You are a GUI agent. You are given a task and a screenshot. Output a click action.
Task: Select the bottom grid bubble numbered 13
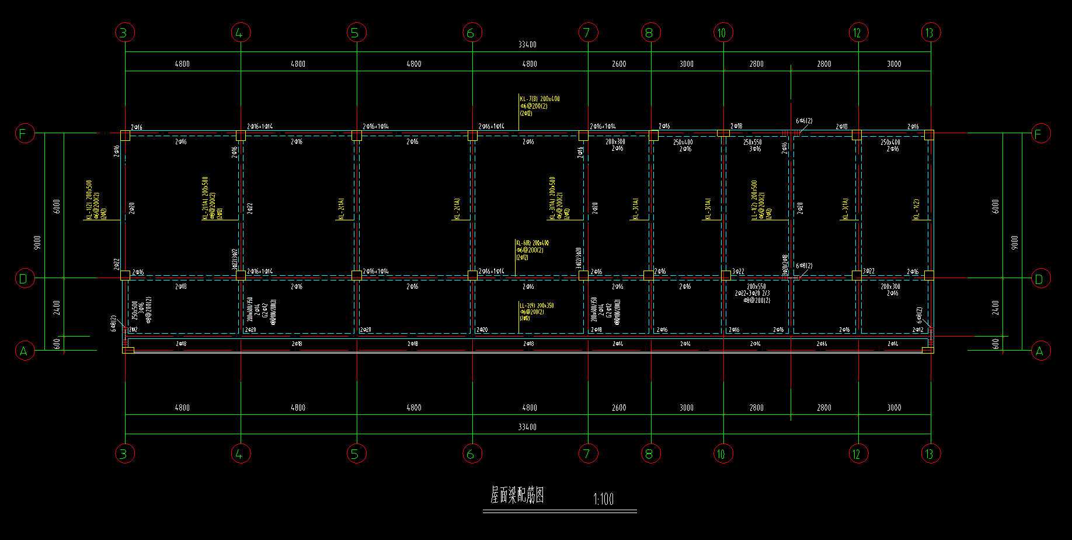(930, 454)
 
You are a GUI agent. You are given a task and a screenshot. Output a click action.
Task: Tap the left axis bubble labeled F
(24, 134)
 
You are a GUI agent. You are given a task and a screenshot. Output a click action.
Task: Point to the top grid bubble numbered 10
(722, 33)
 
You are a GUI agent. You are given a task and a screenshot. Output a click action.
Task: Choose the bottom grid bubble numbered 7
(587, 454)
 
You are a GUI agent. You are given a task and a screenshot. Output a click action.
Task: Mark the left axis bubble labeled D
(24, 279)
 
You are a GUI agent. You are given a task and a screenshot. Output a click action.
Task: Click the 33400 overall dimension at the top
(527, 44)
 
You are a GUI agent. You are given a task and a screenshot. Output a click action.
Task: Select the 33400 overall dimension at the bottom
(527, 427)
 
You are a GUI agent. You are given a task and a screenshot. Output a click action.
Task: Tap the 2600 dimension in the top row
(619, 64)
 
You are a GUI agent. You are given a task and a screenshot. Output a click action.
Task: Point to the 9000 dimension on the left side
(38, 243)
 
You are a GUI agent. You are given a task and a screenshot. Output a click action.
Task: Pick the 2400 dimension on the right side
(996, 307)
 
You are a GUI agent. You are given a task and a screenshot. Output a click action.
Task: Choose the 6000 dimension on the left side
(57, 206)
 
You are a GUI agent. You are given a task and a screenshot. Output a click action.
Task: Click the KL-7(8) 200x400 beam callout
(540, 99)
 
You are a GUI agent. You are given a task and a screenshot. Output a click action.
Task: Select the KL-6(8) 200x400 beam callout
(532, 243)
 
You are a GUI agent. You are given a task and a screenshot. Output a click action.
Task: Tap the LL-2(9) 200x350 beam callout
(537, 306)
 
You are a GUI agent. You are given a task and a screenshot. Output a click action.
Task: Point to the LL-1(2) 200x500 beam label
(754, 200)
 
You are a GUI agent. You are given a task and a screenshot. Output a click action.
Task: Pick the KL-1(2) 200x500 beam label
(89, 200)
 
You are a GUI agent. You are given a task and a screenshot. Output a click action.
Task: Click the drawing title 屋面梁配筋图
(517, 496)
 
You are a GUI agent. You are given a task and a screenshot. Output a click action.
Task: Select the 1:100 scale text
(603, 499)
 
